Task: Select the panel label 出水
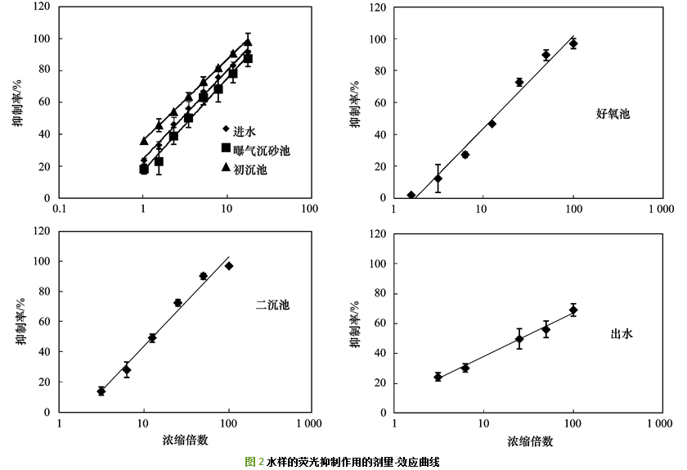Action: pyautogui.click(x=622, y=334)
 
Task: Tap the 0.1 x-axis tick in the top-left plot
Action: pyautogui.click(x=60, y=209)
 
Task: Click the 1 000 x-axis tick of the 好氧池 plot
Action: pyautogui.click(x=661, y=209)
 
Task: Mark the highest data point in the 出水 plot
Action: pyautogui.click(x=573, y=310)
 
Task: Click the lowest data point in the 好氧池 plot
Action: pyautogui.click(x=411, y=196)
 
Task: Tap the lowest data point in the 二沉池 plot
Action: pyautogui.click(x=101, y=391)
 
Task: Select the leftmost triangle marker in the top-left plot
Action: pyautogui.click(x=144, y=141)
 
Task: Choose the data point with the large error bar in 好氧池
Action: pyautogui.click(x=438, y=179)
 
